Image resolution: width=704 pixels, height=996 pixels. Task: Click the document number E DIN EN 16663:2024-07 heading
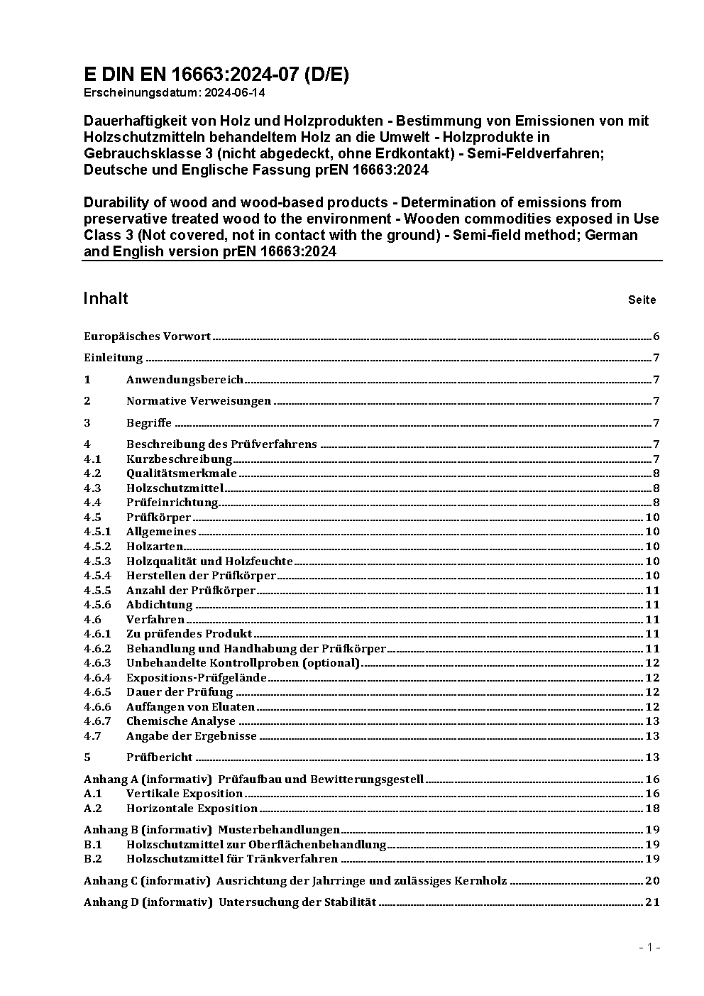[216, 75]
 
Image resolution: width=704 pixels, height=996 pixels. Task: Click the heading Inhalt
[106, 298]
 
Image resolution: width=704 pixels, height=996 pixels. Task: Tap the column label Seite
[642, 300]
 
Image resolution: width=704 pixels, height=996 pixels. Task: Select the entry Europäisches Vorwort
[147, 336]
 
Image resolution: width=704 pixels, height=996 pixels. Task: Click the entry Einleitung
[114, 358]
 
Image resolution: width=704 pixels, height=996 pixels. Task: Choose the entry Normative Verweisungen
[199, 401]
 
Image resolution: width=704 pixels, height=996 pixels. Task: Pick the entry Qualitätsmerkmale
[181, 474]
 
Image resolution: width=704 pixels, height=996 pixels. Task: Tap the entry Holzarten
[155, 547]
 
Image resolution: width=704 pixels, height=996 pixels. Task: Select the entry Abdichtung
[159, 605]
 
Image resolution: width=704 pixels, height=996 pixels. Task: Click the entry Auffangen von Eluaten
[190, 707]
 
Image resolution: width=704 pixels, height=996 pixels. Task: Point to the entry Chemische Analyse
[180, 721]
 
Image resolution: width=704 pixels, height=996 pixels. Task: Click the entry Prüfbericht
[159, 757]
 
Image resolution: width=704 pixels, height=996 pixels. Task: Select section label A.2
[93, 809]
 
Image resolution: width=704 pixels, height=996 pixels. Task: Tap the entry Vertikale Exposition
[185, 794]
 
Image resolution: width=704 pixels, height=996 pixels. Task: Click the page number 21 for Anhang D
[652, 902]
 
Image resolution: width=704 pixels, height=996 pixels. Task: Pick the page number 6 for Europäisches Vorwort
[656, 336]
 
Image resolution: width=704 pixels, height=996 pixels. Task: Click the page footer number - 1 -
[649, 947]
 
